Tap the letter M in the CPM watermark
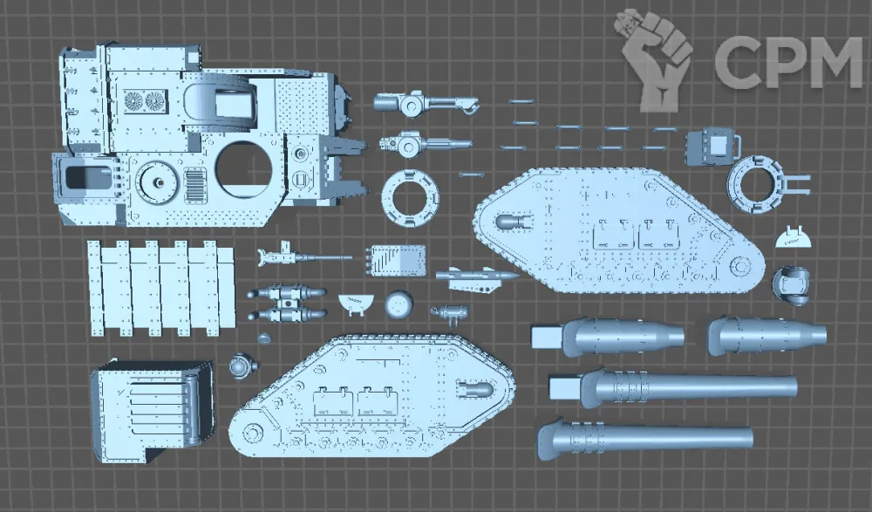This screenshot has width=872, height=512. pos(834,62)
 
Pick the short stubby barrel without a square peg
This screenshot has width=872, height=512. pos(766,335)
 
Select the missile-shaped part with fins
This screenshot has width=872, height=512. pos(475,276)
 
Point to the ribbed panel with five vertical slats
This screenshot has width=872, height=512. pos(161,287)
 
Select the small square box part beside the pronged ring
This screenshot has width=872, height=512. pos(711,146)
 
